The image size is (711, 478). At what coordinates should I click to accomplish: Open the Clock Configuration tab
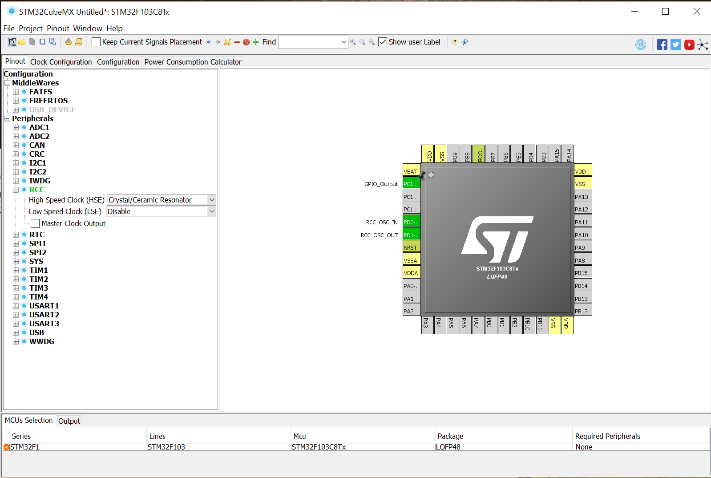(61, 62)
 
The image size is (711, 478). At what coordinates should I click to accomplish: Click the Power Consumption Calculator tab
(193, 62)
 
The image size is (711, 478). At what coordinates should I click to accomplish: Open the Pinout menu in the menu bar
(58, 28)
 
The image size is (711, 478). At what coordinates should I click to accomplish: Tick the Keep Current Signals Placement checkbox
(96, 42)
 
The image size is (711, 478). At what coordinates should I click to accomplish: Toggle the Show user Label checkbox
(383, 42)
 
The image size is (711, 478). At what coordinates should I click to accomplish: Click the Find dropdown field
(313, 42)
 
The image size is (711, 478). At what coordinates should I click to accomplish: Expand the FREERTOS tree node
(16, 101)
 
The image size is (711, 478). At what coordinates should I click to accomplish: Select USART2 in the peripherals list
(44, 315)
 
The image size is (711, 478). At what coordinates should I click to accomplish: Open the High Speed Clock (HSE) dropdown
(161, 200)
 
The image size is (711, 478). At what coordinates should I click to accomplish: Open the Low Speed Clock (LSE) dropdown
(161, 211)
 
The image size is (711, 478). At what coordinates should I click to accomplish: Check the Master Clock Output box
(35, 223)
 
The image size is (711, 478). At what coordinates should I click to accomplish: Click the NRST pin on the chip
(412, 247)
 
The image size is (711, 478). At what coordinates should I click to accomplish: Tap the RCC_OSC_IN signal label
(381, 223)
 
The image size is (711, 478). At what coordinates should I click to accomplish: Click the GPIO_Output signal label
(381, 184)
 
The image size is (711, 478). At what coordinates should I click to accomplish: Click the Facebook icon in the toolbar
(662, 45)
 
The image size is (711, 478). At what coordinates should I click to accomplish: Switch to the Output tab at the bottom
(69, 421)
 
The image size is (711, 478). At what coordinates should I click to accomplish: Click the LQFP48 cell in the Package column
(448, 447)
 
